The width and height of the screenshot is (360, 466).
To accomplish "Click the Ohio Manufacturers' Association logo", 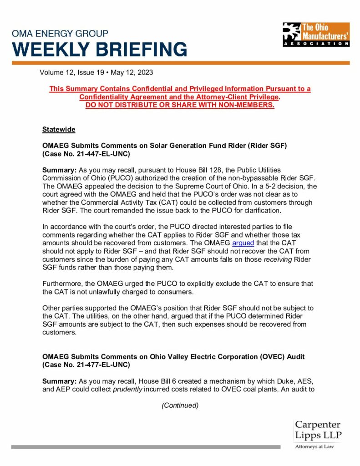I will (315, 34).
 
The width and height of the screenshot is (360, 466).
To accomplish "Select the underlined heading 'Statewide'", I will (59, 130).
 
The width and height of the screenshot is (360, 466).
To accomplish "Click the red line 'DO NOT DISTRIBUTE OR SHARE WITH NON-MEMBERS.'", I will (180, 105).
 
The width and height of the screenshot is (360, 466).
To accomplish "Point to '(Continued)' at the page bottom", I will (180, 405).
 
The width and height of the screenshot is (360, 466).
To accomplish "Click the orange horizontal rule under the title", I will (180, 63).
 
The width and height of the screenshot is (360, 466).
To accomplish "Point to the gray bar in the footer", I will (146, 447).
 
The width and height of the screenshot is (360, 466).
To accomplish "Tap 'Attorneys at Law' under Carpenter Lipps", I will (314, 447).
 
